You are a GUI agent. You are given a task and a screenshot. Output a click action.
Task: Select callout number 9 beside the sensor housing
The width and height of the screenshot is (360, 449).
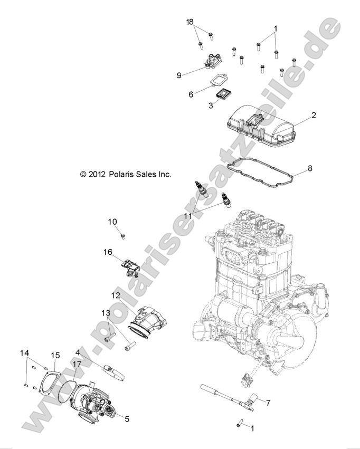coord(179,75)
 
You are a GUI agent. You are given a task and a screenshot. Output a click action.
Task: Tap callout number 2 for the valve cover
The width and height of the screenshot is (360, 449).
coord(313,115)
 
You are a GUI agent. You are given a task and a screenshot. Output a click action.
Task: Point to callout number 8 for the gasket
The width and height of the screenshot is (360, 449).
coord(310,168)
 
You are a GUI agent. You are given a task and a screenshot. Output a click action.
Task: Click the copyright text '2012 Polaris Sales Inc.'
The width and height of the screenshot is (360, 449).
coord(126,174)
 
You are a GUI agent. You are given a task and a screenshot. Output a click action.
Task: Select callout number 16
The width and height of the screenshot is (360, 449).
coord(108,252)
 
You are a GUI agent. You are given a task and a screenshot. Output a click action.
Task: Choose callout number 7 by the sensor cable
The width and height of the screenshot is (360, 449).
coord(268,403)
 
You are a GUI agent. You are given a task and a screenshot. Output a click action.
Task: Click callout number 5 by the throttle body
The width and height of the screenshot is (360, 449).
coord(126,418)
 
